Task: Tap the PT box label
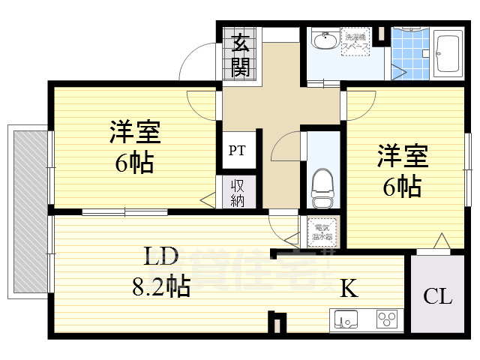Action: [x=237, y=150]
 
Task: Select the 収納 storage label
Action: [x=237, y=193]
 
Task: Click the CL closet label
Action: [x=437, y=297]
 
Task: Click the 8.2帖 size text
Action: [x=157, y=285]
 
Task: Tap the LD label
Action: [x=160, y=257]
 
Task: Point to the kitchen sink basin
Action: [x=346, y=319]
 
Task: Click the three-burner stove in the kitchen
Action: [x=387, y=320]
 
